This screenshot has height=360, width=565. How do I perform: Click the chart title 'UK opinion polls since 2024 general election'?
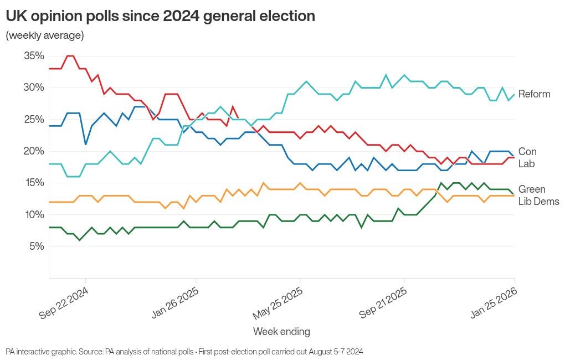[160, 16]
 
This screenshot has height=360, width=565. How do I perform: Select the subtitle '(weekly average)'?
[45, 35]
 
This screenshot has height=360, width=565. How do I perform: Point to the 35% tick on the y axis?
[34, 56]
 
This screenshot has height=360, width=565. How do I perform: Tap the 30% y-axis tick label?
[34, 88]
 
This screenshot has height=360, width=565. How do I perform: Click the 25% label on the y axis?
[34, 120]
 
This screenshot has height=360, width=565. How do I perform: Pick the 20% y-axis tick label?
[34, 151]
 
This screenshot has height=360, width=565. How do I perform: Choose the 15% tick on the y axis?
[34, 183]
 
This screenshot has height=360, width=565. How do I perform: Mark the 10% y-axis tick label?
[34, 214]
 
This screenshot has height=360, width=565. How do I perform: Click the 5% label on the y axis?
[36, 246]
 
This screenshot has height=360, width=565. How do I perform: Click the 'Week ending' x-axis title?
[281, 332]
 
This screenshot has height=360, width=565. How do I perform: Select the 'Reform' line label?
[534, 94]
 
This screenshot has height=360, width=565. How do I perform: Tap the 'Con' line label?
[527, 152]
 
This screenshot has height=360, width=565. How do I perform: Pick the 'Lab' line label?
[526, 164]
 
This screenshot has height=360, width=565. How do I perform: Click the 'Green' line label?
[532, 189]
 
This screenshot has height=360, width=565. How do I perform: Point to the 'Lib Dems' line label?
[538, 202]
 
